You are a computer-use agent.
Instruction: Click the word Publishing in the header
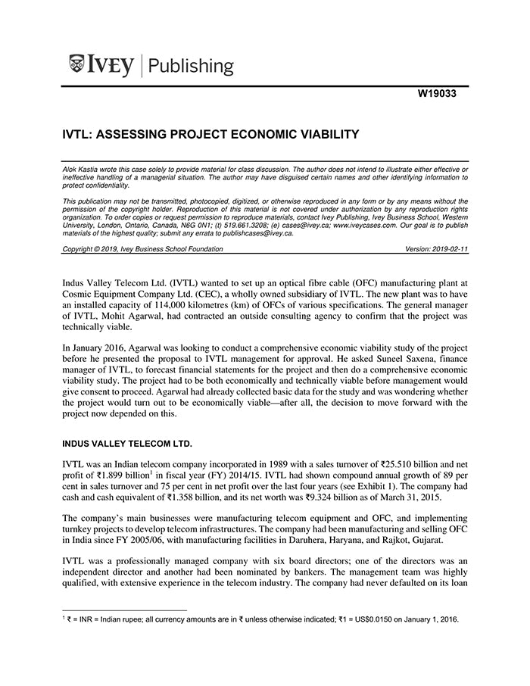coord(192,66)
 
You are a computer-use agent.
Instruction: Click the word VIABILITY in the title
coord(321,135)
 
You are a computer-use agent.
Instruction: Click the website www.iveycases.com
coord(365,225)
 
